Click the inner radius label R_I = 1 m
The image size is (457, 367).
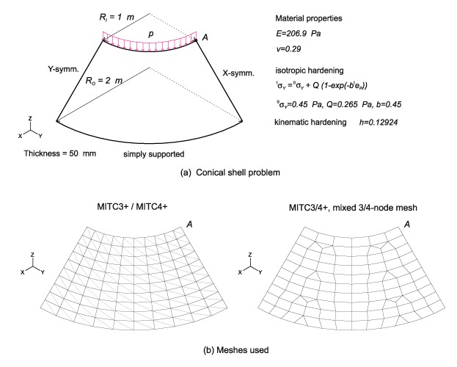(x=117, y=17)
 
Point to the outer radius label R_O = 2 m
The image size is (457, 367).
(x=103, y=81)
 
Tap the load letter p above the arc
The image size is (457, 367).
(x=150, y=34)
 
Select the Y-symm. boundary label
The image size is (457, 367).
(x=63, y=70)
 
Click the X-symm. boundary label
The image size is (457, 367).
(x=238, y=73)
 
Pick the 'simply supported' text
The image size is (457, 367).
(x=153, y=154)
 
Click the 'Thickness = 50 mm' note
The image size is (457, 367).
(x=60, y=153)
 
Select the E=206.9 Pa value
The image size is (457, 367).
(x=298, y=34)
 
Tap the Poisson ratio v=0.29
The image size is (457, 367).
(x=288, y=48)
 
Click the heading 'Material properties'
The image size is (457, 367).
(x=309, y=18)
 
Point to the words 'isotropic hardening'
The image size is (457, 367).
(x=310, y=70)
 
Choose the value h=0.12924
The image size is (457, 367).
(x=379, y=123)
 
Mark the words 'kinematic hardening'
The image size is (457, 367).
(x=310, y=122)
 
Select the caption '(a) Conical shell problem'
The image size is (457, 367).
(x=230, y=172)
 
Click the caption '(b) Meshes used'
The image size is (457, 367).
(x=235, y=349)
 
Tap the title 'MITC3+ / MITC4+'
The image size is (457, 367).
(x=132, y=207)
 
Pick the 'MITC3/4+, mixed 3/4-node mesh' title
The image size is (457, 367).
(x=353, y=208)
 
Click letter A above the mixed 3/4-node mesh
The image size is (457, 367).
(x=407, y=224)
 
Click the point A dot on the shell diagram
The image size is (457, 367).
(x=196, y=40)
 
